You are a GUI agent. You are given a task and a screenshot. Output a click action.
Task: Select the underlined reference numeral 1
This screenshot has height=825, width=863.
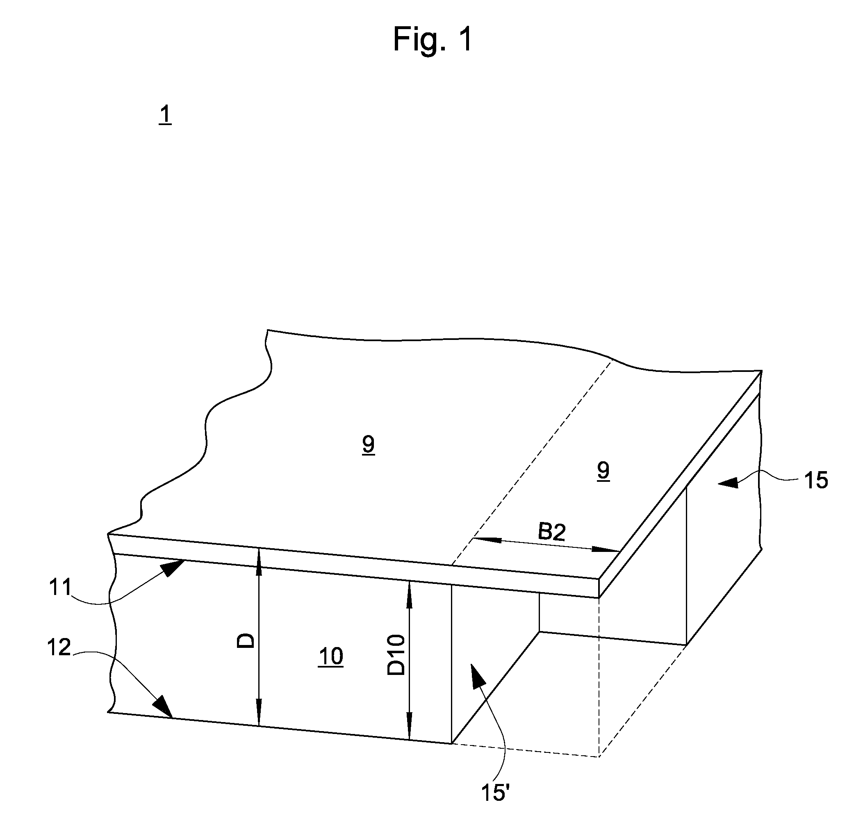pos(165,115)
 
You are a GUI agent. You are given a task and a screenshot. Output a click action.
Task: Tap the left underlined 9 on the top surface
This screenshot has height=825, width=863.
pos(369,445)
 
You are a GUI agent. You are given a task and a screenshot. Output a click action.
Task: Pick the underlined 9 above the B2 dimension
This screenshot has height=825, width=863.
pos(603,472)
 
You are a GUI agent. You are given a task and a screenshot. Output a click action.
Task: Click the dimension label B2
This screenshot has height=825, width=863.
pos(552,533)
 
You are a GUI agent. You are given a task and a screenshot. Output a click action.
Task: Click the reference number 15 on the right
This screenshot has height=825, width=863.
pos(815,481)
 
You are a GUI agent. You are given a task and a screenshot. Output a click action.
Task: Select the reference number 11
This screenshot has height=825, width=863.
pos(60,587)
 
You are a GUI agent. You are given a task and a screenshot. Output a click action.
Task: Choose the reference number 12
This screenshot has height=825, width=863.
pos(59,648)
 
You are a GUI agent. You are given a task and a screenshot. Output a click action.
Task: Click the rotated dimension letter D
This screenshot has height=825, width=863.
pos(246,640)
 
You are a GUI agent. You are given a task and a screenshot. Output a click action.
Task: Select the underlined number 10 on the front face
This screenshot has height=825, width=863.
pos(330,657)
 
